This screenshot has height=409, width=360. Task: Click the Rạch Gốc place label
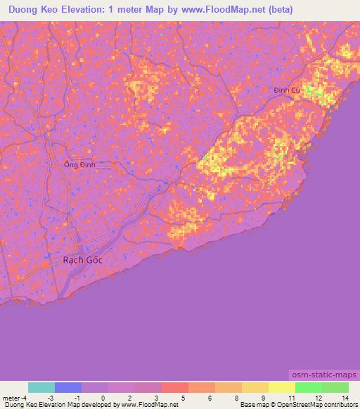(x=82, y=260)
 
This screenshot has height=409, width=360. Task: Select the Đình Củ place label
(x=287, y=90)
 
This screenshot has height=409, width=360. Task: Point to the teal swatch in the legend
(x=41, y=387)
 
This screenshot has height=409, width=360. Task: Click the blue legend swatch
(x=68, y=387)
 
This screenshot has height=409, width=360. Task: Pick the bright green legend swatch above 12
(x=308, y=387)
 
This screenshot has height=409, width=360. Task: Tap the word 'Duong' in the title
(x=24, y=10)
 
